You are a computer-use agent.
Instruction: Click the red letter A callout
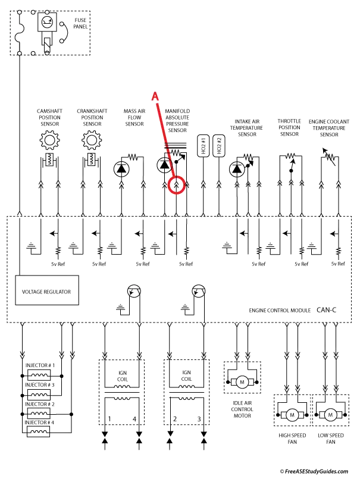point(155,96)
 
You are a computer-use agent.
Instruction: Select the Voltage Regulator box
point(47,290)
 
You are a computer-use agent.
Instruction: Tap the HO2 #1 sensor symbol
point(204,146)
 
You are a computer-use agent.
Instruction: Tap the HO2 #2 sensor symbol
point(218,146)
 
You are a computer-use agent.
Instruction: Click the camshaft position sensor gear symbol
point(49,140)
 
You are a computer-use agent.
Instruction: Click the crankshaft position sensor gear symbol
point(92,140)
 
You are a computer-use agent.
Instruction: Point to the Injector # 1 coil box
point(39,375)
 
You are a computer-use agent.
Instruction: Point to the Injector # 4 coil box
point(38,431)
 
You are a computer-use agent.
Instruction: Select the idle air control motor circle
point(242,382)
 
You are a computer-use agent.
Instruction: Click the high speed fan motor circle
point(292,415)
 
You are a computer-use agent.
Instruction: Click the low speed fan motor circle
point(330,415)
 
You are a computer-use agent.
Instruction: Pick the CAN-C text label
point(327,310)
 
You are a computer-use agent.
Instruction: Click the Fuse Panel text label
point(80,23)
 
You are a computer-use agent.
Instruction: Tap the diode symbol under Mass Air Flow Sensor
point(121,169)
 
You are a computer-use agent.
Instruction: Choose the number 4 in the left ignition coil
point(134,419)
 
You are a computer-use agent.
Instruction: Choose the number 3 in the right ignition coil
point(199,419)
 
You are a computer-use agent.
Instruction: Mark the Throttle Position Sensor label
point(289,127)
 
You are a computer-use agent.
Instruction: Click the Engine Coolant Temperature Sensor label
point(329,128)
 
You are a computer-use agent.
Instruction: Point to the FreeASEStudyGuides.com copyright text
point(314,471)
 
